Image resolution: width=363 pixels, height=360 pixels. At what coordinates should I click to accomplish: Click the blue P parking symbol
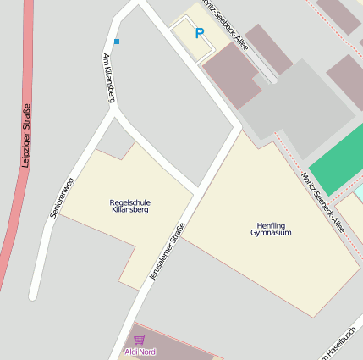200,34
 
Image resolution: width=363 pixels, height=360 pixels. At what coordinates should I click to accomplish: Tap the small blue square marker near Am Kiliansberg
117,41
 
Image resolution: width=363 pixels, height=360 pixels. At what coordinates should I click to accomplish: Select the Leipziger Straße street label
26,136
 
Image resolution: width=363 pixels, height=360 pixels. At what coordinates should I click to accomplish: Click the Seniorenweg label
63,198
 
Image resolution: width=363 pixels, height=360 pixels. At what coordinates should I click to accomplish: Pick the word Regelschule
129,202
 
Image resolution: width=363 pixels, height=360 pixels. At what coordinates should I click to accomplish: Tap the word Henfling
271,225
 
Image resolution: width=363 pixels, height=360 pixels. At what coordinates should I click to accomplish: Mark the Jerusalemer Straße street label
166,252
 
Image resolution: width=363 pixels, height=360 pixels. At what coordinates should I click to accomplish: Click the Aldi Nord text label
140,352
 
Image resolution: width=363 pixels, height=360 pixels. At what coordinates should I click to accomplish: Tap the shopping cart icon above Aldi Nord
139,340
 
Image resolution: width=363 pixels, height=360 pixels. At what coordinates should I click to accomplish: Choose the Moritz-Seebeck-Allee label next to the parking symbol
224,25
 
